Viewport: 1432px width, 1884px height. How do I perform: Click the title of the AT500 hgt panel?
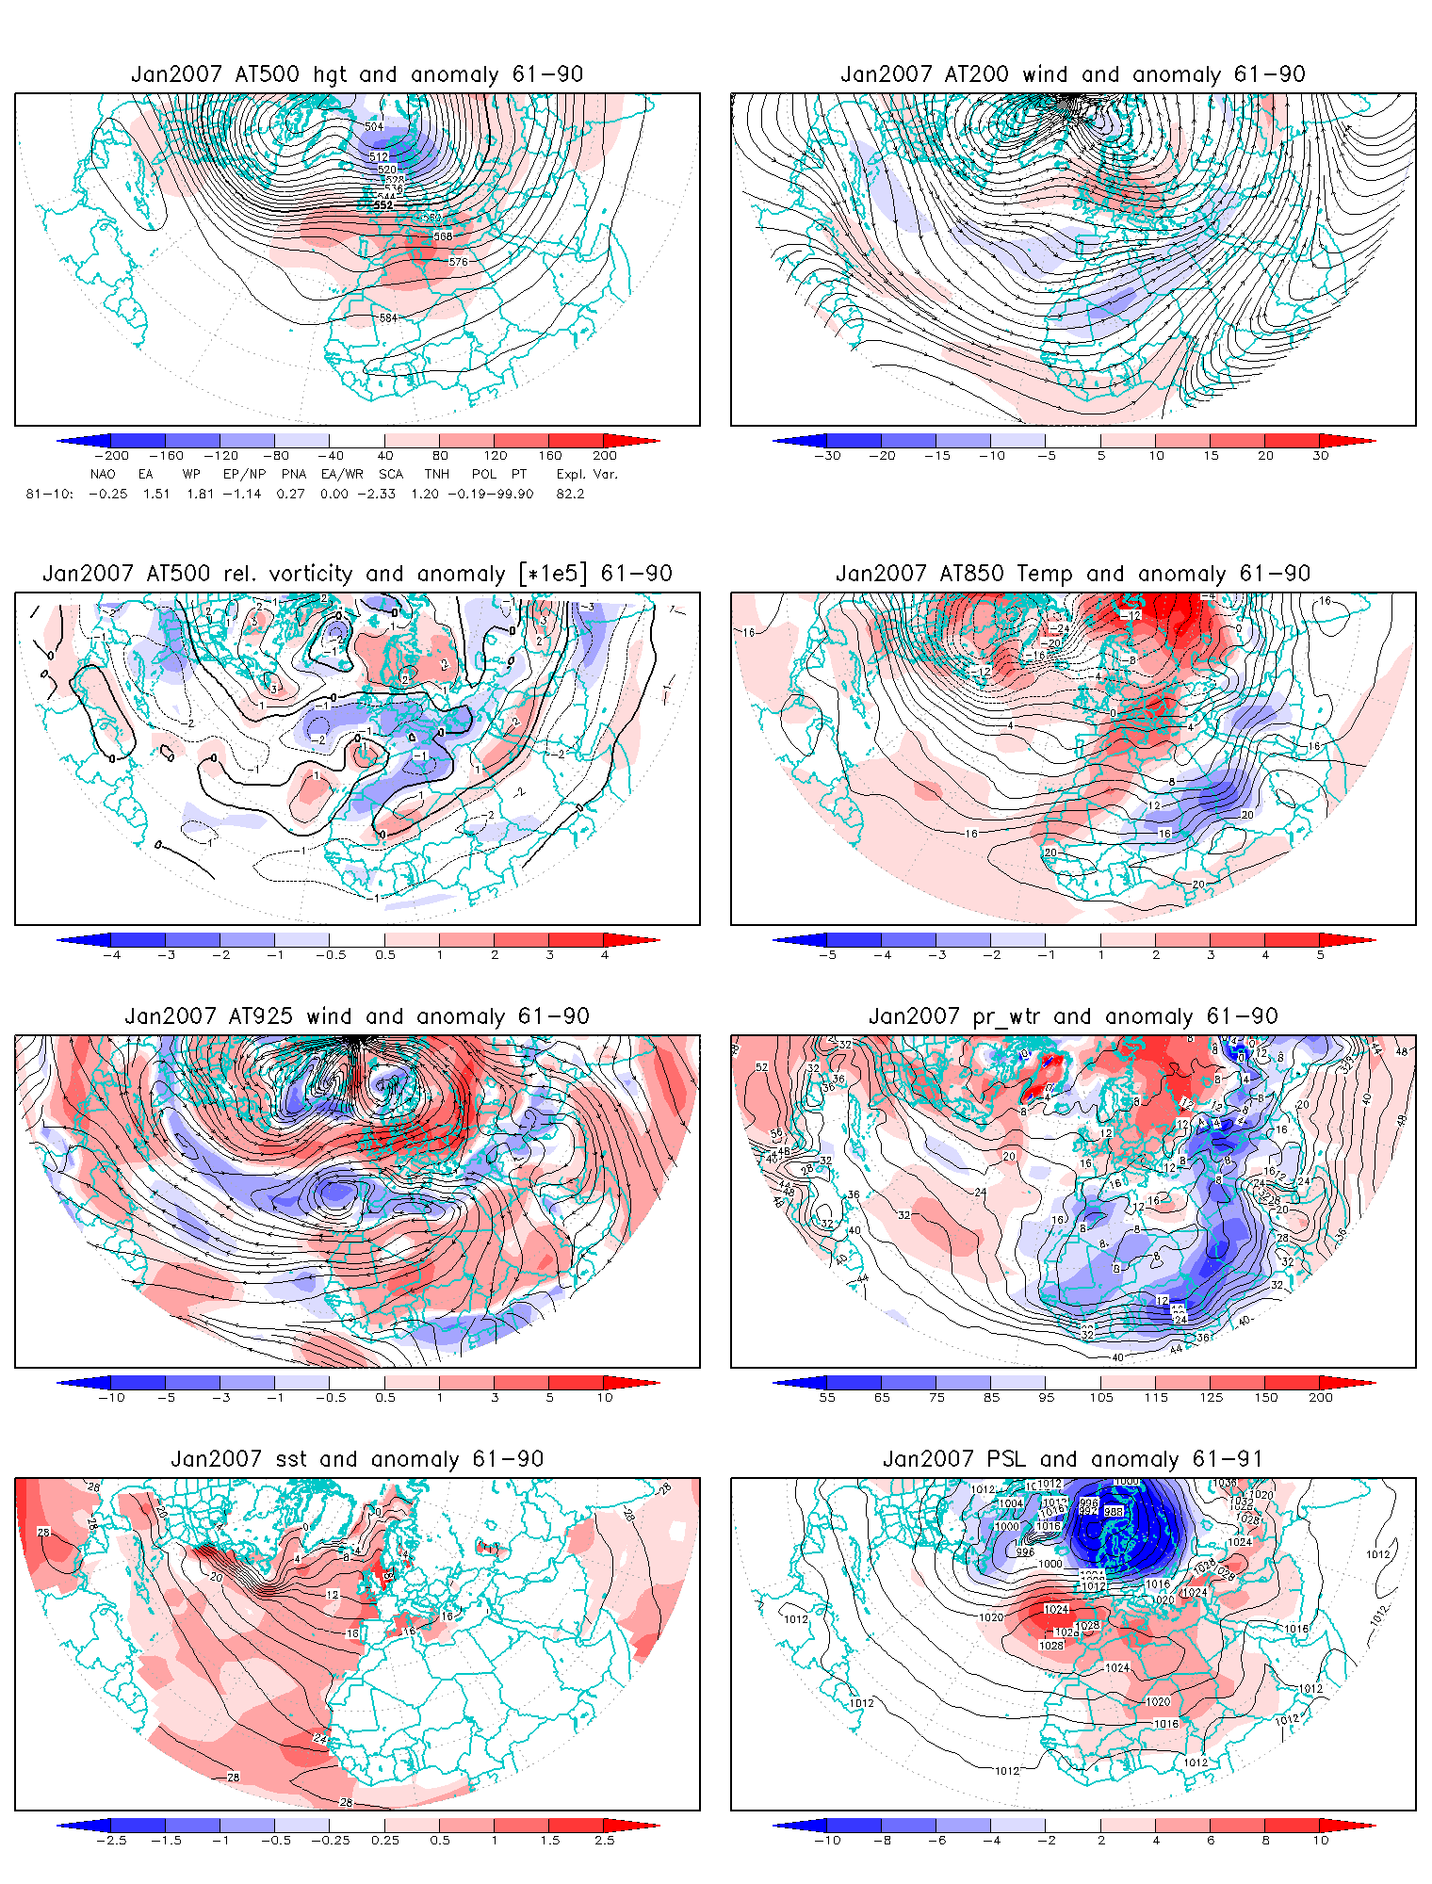pyautogui.click(x=357, y=74)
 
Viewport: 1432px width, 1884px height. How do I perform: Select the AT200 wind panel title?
pyautogui.click(x=1073, y=74)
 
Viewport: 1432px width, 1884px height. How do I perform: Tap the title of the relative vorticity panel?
pyautogui.click(x=357, y=574)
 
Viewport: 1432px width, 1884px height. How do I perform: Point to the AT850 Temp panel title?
pyautogui.click(x=1073, y=574)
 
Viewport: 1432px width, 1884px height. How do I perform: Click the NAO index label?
pyautogui.click(x=103, y=475)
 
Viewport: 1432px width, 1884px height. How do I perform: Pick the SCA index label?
pyautogui.click(x=391, y=475)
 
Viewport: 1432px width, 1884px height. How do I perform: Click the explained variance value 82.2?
pyautogui.click(x=570, y=494)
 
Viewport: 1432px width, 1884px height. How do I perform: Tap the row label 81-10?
pyautogui.click(x=49, y=494)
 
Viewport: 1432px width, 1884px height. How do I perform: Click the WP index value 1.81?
pyautogui.click(x=200, y=494)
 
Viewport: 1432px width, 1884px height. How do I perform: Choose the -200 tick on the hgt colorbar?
pyautogui.click(x=111, y=456)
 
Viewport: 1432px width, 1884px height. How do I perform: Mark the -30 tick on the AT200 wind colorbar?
pyautogui.click(x=827, y=456)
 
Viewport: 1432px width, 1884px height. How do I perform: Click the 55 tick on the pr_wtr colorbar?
pyautogui.click(x=827, y=1398)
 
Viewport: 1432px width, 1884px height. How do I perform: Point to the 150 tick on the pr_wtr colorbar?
pyautogui.click(x=1266, y=1398)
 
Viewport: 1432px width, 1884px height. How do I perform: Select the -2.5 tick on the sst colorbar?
pyautogui.click(x=111, y=1841)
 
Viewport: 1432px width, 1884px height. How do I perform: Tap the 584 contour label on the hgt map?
pyautogui.click(x=388, y=318)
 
